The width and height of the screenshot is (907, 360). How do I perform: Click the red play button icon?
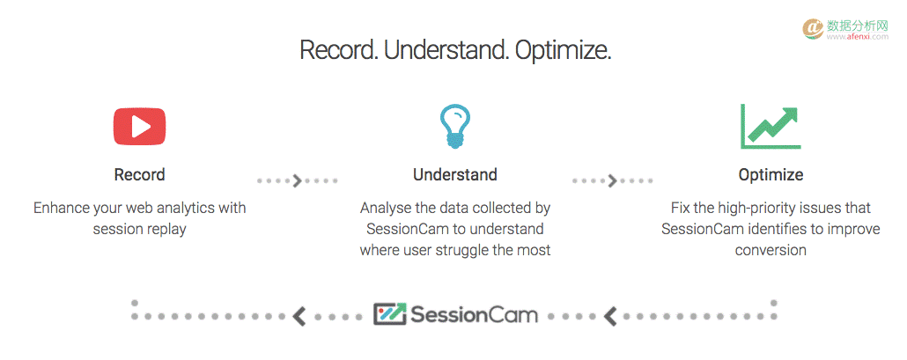coord(139,127)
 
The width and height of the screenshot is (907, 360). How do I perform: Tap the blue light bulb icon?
coord(454,127)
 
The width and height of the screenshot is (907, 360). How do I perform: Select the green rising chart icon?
coord(771,127)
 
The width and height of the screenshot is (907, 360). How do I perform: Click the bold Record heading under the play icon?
coord(139,174)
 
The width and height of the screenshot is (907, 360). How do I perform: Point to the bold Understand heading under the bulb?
coord(454,174)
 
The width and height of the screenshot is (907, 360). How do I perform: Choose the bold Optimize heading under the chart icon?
coord(771,174)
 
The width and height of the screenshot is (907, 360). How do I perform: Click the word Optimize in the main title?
coord(563,50)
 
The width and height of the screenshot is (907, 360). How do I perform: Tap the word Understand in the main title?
coord(446,50)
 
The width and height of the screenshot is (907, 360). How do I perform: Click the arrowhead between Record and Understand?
coord(298,180)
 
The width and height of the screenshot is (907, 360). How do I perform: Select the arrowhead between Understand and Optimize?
coord(613,180)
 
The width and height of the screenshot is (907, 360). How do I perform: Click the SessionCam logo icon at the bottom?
coord(390,313)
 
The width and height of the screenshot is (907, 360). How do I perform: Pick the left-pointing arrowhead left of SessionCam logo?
coord(299,316)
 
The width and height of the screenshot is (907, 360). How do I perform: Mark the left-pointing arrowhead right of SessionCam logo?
coord(610,316)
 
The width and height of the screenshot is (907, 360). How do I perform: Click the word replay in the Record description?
coord(165,230)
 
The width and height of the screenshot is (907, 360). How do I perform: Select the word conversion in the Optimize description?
coord(771,250)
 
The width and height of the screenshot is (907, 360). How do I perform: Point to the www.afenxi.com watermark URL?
coord(858,36)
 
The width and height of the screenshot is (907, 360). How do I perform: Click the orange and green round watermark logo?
coord(814,29)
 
